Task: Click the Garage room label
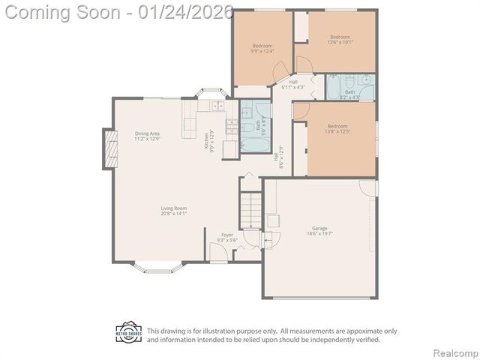(319, 231)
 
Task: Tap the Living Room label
(152, 211)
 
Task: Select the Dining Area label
(147, 136)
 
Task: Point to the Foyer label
(226, 238)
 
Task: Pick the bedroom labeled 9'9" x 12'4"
(262, 48)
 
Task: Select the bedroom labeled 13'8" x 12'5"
(337, 128)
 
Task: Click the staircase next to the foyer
(250, 210)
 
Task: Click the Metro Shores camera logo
(128, 332)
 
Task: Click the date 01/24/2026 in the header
(182, 13)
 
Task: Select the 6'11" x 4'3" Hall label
(293, 85)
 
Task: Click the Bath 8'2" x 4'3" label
(349, 94)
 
